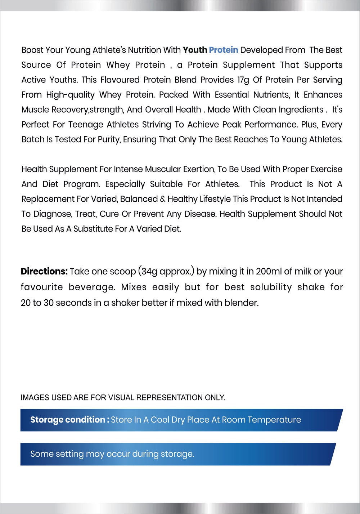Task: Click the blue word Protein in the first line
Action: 224,50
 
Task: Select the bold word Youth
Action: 195,50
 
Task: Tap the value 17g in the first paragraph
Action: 243,80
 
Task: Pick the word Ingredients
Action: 301,110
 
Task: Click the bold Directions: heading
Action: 44,272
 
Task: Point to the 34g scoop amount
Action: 149,272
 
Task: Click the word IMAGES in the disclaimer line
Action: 35,398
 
